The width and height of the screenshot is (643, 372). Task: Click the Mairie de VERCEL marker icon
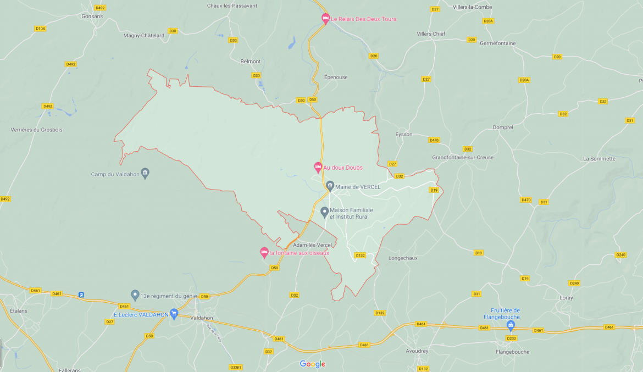click(x=330, y=186)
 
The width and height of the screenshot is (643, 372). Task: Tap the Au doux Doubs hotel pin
click(x=318, y=166)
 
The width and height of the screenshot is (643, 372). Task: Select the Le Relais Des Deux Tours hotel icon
click(x=325, y=18)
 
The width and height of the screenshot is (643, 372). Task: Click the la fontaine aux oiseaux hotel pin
click(x=264, y=252)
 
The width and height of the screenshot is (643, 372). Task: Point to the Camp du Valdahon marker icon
click(x=145, y=173)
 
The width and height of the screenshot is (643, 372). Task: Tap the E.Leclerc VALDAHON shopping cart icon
click(x=174, y=314)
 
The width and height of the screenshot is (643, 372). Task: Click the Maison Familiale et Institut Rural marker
click(x=325, y=212)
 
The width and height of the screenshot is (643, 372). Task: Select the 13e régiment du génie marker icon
click(x=135, y=295)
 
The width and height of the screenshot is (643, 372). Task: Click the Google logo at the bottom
click(x=312, y=364)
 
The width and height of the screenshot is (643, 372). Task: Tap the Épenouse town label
click(x=336, y=77)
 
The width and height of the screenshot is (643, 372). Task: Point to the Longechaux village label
click(x=403, y=258)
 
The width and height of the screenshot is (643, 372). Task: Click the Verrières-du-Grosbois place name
click(x=37, y=130)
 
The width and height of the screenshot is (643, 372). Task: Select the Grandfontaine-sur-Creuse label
click(x=462, y=157)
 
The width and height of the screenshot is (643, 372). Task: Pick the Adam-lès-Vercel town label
click(x=312, y=245)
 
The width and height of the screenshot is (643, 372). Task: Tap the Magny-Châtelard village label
click(x=144, y=35)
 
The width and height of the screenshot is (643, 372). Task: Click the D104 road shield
click(x=40, y=29)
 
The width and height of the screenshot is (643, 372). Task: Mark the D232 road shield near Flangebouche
click(x=511, y=338)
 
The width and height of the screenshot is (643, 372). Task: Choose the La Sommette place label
click(x=599, y=159)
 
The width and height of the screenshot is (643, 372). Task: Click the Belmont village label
click(x=251, y=62)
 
